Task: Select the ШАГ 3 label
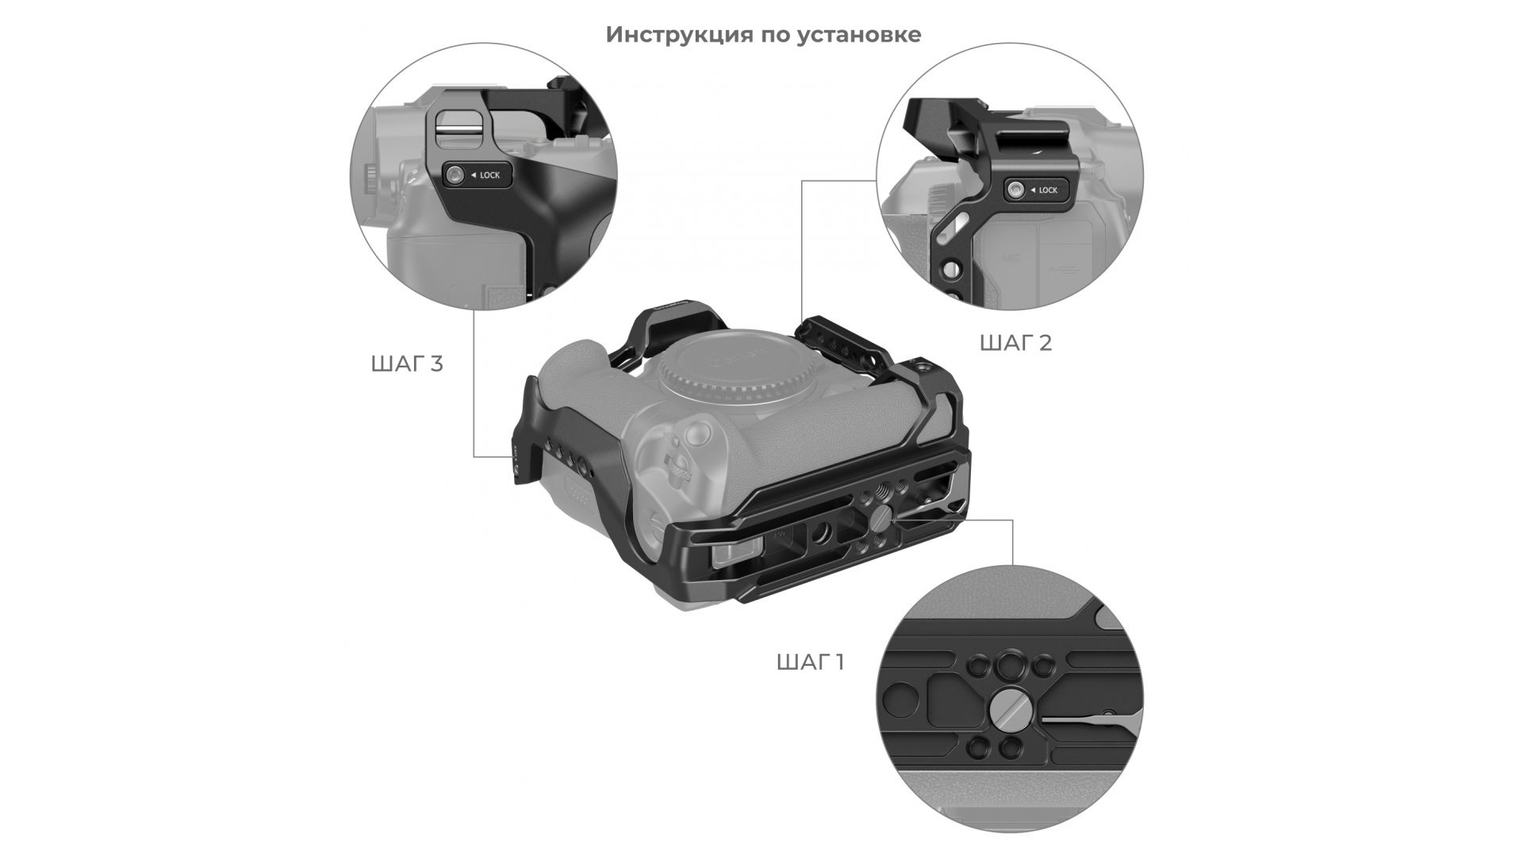pos(406,364)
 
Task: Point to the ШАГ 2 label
pos(1015,343)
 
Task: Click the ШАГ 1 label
pos(810,663)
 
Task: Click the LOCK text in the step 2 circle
pos(1048,190)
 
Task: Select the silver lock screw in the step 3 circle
pos(455,175)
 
